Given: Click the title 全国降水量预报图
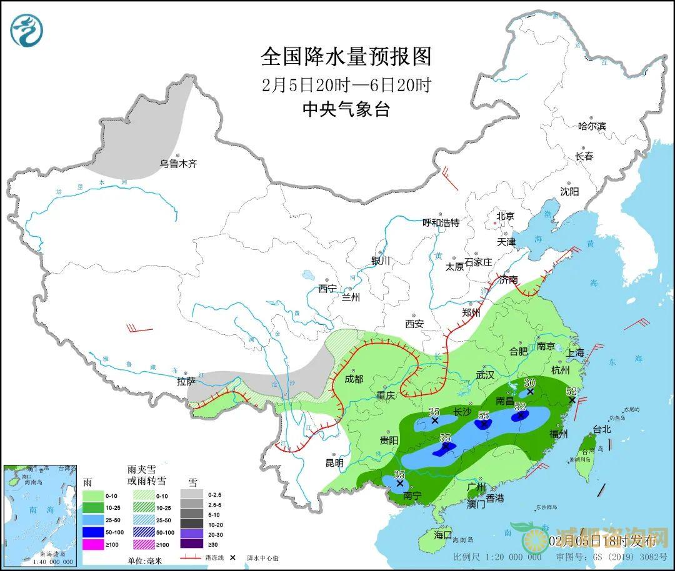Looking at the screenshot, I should pos(346,57).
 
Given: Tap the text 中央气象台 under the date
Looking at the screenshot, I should pos(346,110).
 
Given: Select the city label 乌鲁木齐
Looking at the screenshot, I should pos(178,164).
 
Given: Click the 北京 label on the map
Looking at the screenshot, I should pos(504,216).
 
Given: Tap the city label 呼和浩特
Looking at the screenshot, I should pos(441,222).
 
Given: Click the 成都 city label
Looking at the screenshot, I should pos(354,378).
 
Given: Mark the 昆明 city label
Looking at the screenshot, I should pos(334,463).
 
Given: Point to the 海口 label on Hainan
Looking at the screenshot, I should pos(442,535).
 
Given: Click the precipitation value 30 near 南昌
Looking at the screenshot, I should pos(530,383).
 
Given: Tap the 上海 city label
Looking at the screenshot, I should pos(575,353).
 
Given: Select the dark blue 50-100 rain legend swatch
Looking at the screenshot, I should pos(96,532).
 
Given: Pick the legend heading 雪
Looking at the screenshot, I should pos(192,482).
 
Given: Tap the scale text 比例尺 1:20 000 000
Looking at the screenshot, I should pos(497,557).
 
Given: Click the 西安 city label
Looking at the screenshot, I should pos(414,324).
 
